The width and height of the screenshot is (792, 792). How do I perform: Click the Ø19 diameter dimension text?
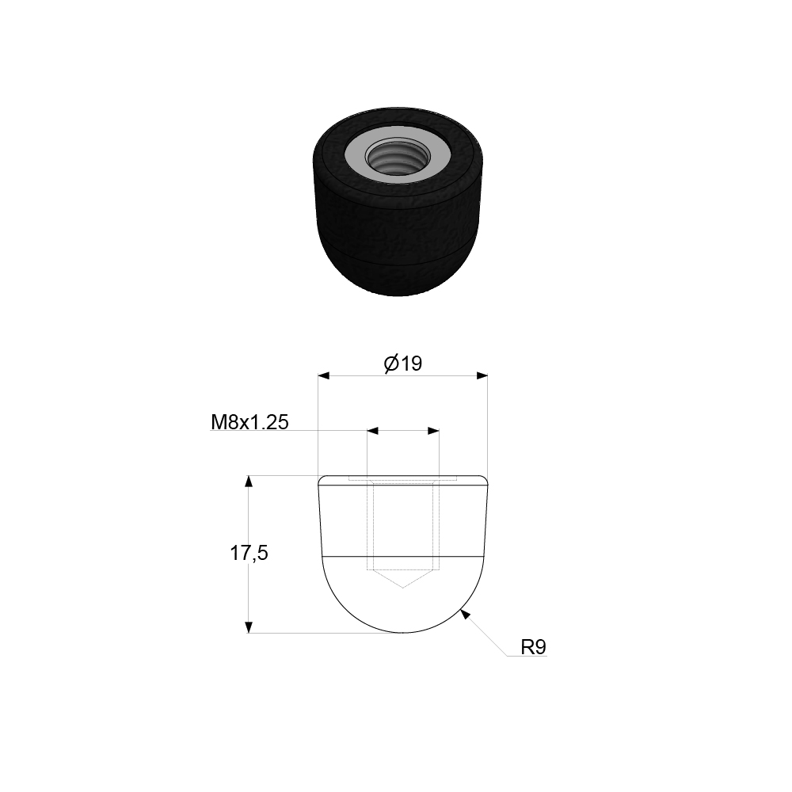tap(403, 364)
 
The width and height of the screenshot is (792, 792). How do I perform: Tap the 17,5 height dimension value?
tap(249, 554)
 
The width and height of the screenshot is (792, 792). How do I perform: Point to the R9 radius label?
tap(533, 648)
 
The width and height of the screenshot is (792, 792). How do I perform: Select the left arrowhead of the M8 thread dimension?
tap(372, 431)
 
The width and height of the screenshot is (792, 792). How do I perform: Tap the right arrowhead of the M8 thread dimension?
tap(433, 431)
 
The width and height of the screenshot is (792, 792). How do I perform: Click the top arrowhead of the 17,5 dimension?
tap(249, 482)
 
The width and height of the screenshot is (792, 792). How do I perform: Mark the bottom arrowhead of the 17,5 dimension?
tap(249, 626)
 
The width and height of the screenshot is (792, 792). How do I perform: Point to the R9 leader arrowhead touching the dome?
tap(465, 612)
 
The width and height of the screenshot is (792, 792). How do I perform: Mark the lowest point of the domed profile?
tap(403, 633)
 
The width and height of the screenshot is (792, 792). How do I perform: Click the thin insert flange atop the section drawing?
tap(403, 478)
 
